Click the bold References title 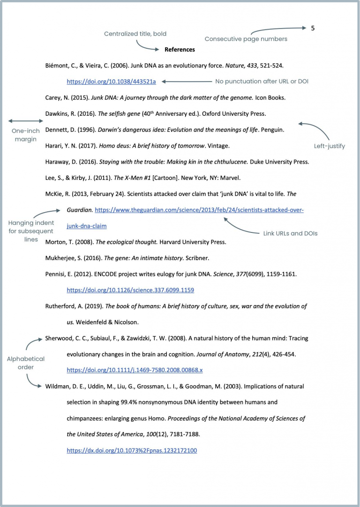tap(180, 49)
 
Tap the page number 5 tap(313, 28)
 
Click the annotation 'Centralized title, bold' tap(135, 34)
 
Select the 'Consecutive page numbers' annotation tap(246, 39)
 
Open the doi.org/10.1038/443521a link tap(111, 82)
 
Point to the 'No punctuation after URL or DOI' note tap(262, 82)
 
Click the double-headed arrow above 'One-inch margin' tap(25, 121)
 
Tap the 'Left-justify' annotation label tap(329, 146)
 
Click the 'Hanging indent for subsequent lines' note tap(31, 231)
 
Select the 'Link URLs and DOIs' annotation tap(290, 233)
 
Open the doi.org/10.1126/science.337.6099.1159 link tap(130, 290)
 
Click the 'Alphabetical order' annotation tap(26, 363)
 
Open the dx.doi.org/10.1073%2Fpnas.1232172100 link tap(132, 450)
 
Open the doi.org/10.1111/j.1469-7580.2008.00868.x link tap(135, 370)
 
